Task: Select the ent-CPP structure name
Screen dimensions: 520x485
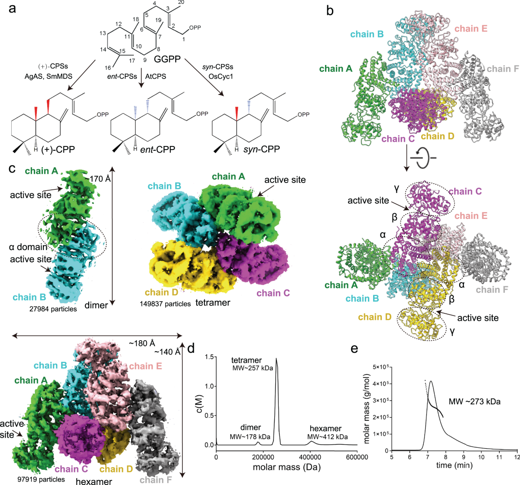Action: pos(159,150)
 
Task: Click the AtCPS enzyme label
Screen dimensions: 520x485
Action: pos(155,76)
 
